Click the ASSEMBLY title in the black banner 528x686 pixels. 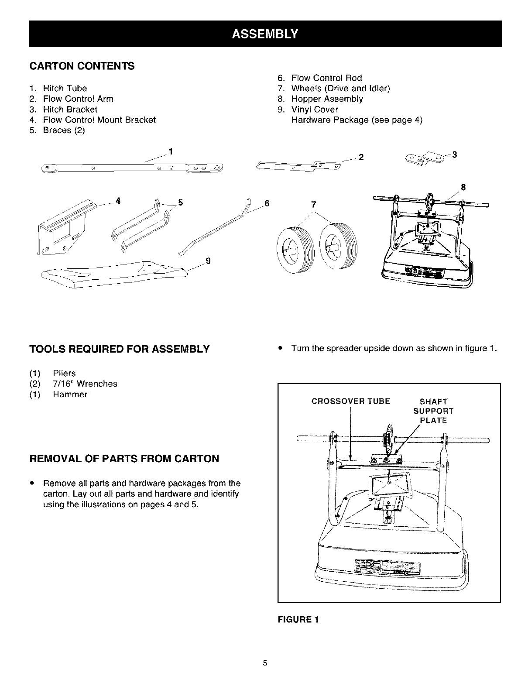265,34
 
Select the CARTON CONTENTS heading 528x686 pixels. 82,66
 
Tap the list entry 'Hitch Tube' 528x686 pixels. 65,88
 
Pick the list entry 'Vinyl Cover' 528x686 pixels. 315,109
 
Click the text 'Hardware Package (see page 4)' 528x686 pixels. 357,120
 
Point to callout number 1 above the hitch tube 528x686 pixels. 171,152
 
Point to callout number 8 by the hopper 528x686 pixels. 463,188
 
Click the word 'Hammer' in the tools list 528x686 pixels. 70,394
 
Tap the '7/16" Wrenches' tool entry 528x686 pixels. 85,384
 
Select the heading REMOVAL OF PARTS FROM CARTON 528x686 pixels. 124,459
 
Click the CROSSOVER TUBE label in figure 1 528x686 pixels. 351,401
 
